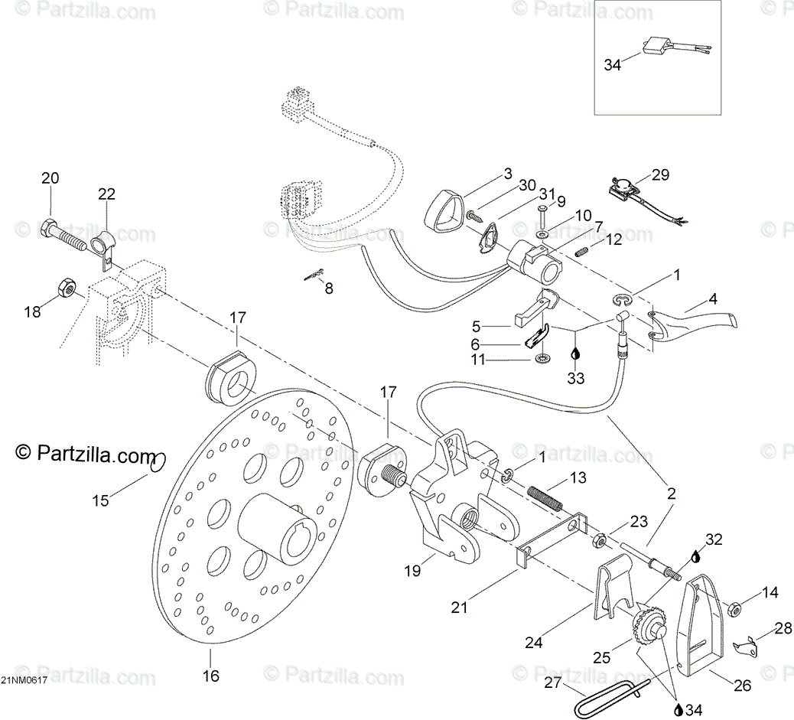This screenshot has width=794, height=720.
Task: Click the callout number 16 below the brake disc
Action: pos(210,676)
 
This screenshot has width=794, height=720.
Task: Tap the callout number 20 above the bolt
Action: pos(50,178)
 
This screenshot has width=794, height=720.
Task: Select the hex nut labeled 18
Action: pos(67,288)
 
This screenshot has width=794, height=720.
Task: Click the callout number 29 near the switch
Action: pos(660,174)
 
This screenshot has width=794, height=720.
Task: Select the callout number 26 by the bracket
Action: pos(742,686)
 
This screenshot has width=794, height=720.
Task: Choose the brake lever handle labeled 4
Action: pos(696,325)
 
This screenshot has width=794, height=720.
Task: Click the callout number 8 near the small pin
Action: pos(329,288)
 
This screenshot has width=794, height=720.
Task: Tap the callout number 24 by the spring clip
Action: pos(533,642)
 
